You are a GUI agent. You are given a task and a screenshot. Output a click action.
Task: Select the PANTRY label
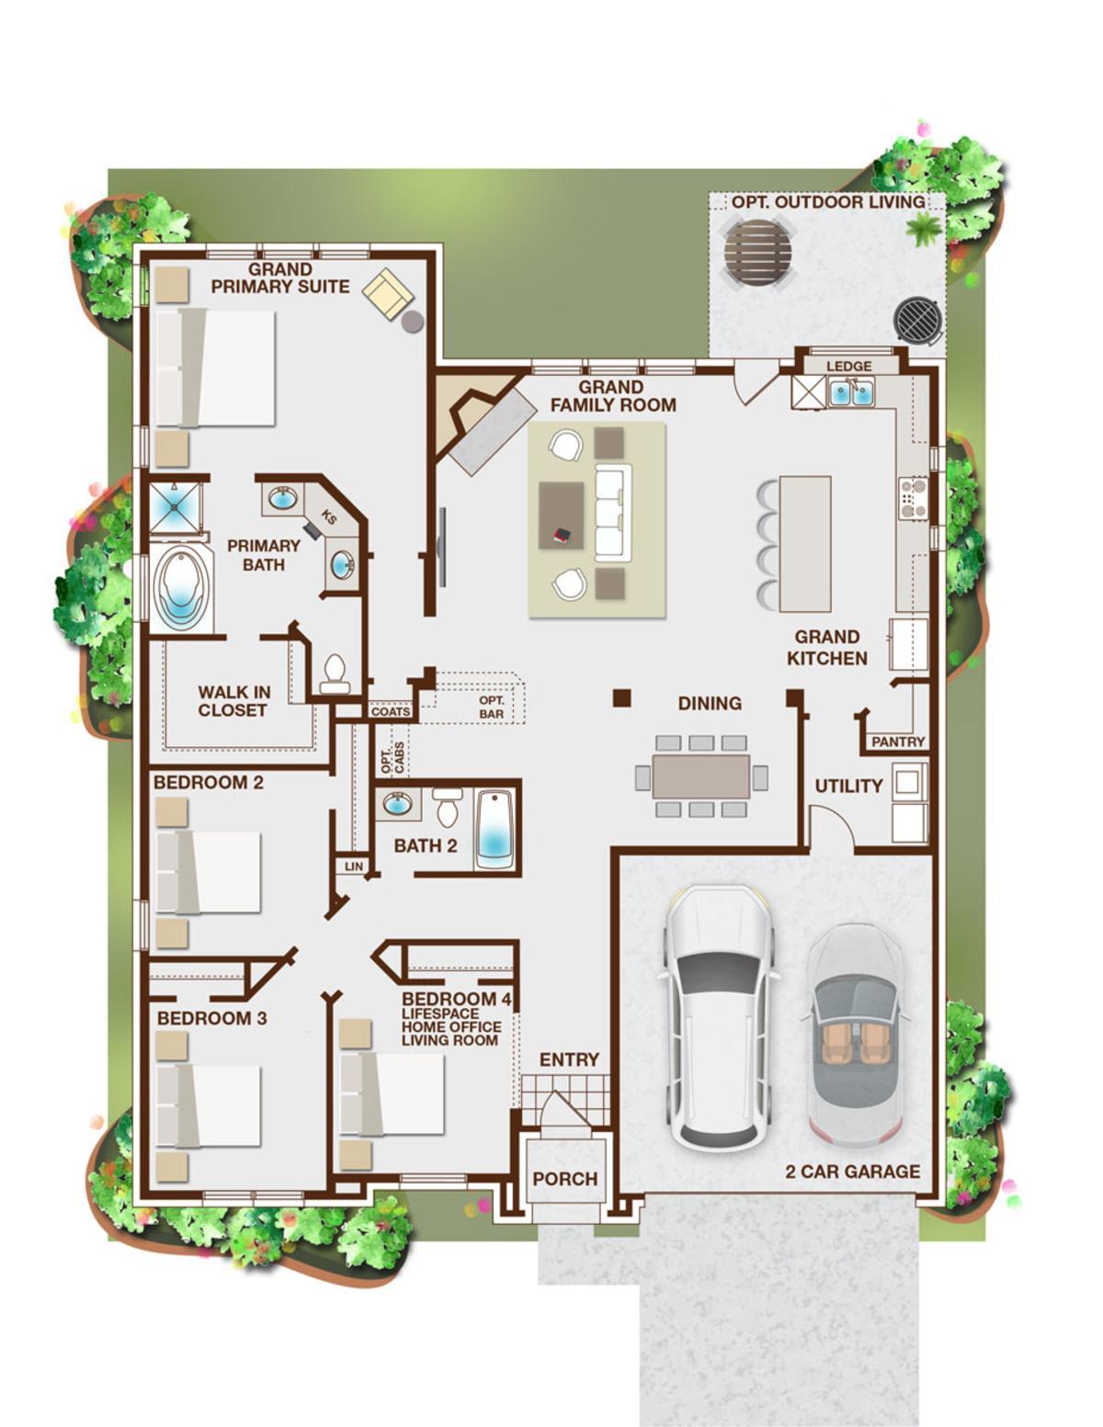click(x=898, y=742)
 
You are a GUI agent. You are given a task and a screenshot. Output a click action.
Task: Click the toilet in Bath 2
click(x=449, y=807)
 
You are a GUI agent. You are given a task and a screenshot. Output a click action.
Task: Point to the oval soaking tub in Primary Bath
click(x=182, y=588)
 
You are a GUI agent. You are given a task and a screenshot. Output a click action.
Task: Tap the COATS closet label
click(x=391, y=711)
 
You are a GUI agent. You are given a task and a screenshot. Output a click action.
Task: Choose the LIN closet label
click(x=354, y=866)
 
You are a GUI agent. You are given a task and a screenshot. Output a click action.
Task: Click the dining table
click(x=701, y=776)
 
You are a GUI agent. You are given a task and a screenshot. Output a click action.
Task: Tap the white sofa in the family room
click(x=612, y=512)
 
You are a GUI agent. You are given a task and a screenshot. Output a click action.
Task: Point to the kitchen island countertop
click(x=805, y=544)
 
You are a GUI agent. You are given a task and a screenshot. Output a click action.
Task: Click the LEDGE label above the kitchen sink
click(x=848, y=366)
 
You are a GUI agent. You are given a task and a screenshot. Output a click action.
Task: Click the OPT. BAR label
click(x=492, y=708)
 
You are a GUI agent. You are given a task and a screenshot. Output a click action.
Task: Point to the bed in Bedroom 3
click(x=209, y=1106)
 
